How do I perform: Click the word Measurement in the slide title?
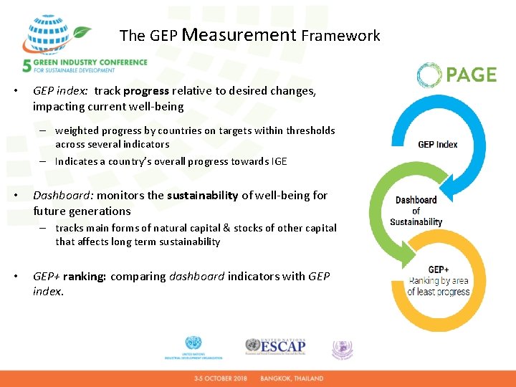239,34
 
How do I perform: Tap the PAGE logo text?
472,75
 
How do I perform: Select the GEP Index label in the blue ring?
437,144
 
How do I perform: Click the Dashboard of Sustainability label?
416,211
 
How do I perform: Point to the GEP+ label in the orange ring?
438,270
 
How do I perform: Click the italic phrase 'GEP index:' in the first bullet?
60,91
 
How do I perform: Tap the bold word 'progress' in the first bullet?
146,91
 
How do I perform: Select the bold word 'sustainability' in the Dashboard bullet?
202,195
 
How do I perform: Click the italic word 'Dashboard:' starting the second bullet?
63,195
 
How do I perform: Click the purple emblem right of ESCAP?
342,349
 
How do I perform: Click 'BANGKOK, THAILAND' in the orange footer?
292,378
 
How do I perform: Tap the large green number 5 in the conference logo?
27,66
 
